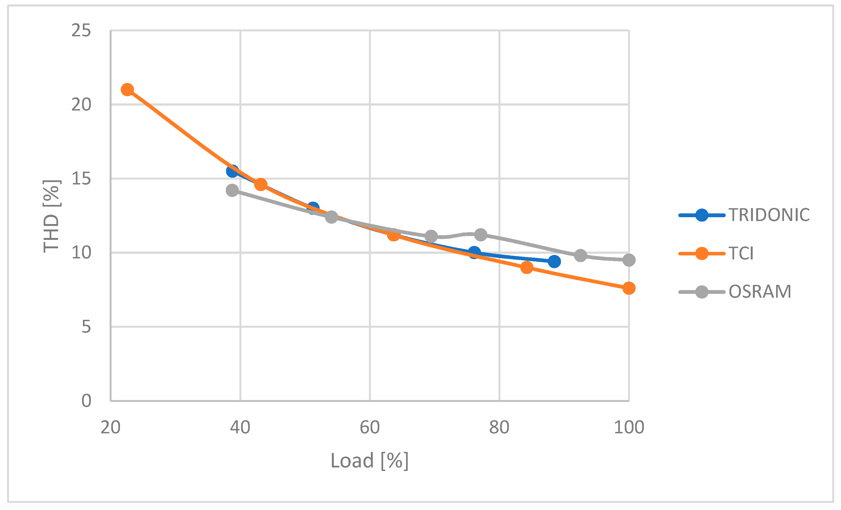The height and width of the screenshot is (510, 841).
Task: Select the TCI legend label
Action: tap(741, 253)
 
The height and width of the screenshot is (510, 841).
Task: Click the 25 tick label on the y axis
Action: tap(81, 31)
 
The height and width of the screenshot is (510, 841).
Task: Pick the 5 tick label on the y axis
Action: tap(86, 327)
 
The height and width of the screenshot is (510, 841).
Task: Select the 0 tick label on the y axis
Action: tap(86, 401)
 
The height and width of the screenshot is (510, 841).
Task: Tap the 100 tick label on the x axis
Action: tap(629, 427)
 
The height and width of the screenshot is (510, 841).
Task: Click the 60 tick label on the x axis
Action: tap(370, 427)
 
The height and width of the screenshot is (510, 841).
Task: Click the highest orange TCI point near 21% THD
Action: tap(127, 90)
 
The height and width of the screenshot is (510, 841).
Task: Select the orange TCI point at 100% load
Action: tap(629, 288)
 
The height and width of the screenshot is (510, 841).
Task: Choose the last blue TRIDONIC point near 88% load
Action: tap(554, 262)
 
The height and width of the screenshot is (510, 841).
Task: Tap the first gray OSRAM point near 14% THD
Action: tap(232, 190)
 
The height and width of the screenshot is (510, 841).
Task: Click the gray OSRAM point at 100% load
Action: tap(629, 260)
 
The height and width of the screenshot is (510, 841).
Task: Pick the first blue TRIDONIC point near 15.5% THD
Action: tap(232, 171)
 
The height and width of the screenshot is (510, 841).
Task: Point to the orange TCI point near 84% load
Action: tap(527, 267)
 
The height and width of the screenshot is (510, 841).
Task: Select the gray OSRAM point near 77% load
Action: tap(480, 235)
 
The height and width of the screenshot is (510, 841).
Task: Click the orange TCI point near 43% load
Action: tap(260, 184)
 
